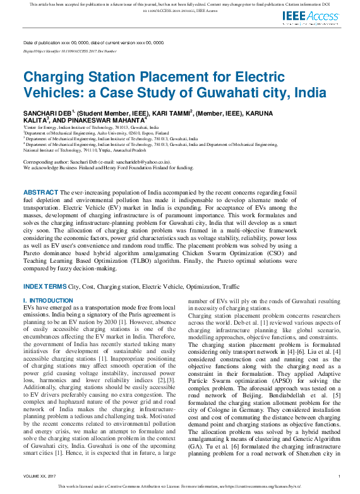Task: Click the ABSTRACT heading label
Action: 41,191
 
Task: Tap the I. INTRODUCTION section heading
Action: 48,300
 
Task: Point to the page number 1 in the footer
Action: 339,476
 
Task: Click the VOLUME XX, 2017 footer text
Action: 39,476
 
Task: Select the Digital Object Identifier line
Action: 69,51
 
